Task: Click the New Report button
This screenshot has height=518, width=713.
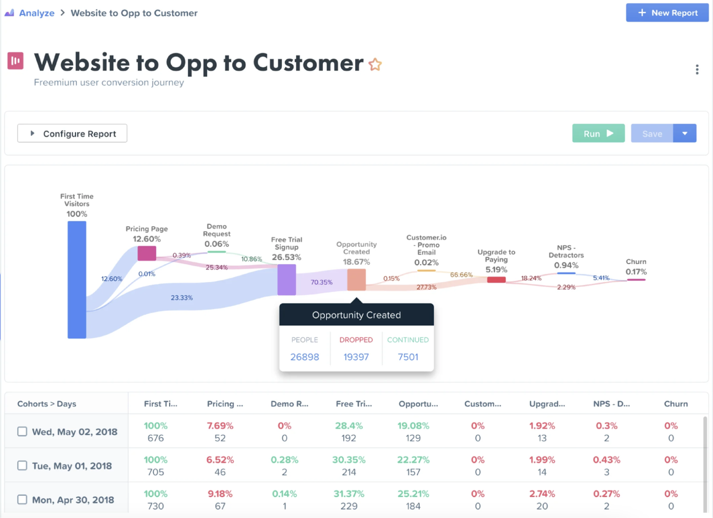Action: (x=667, y=13)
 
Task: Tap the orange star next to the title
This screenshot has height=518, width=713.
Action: (x=375, y=65)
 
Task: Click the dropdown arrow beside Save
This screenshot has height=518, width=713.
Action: (x=685, y=134)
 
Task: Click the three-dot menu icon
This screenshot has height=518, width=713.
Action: (x=697, y=70)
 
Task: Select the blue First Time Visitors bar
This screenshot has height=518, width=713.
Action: (x=77, y=280)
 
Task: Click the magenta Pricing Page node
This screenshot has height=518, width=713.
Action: (x=147, y=253)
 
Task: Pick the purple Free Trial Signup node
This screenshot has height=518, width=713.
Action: (x=287, y=280)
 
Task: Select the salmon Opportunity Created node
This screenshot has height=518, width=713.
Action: (x=356, y=280)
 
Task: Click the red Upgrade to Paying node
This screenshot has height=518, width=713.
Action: (x=496, y=280)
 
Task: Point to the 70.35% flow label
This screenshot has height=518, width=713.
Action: (x=321, y=282)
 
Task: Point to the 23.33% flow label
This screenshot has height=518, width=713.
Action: (x=182, y=298)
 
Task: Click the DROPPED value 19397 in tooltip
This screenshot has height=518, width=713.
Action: (x=356, y=357)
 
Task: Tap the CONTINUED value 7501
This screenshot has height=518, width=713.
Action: (x=408, y=357)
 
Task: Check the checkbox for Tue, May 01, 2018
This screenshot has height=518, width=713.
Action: (x=22, y=465)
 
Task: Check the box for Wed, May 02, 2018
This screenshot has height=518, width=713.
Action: (x=22, y=432)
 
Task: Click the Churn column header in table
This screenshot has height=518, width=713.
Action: (x=676, y=404)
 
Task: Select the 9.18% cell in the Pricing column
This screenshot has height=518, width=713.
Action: (x=220, y=494)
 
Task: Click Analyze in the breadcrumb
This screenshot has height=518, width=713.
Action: (x=37, y=13)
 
